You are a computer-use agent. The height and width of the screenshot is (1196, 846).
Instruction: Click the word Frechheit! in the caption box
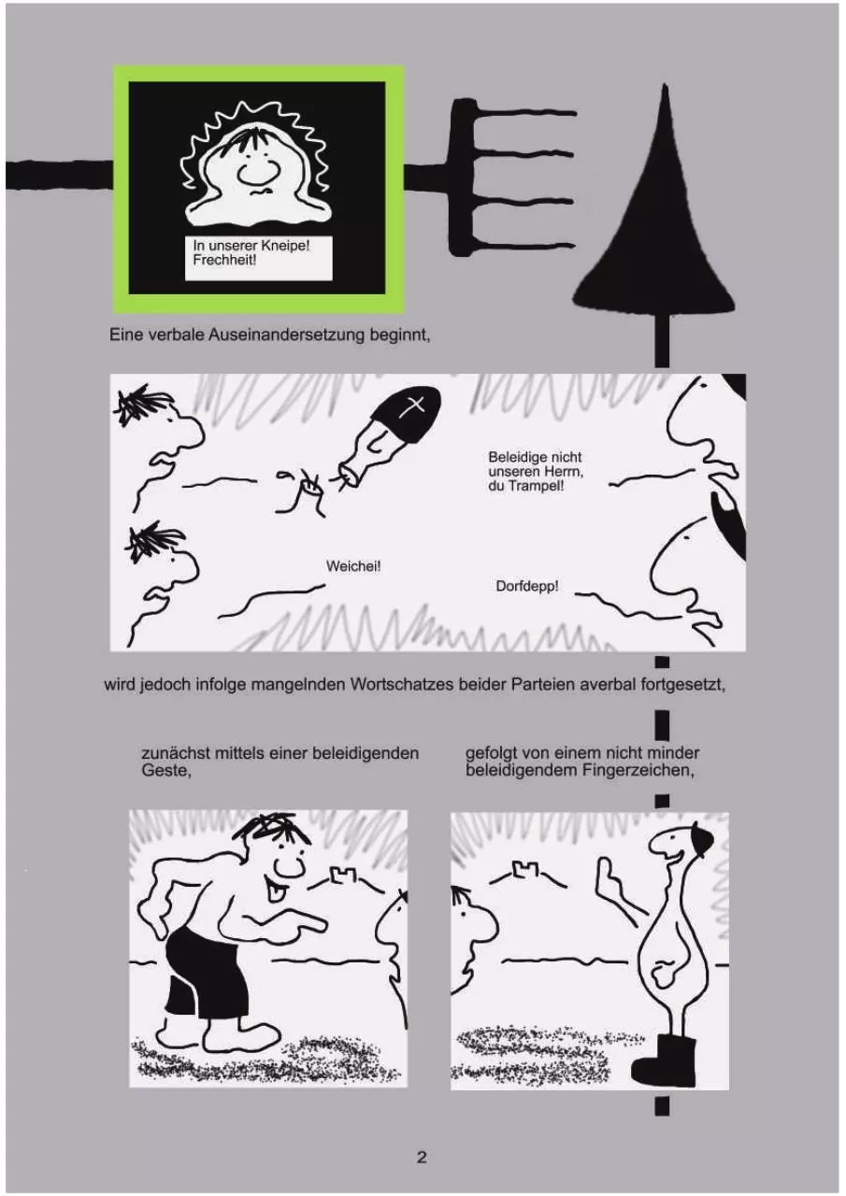tap(224, 261)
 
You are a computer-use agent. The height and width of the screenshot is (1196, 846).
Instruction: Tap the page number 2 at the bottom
tap(422, 1157)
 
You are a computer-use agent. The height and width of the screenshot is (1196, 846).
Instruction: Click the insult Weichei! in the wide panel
tap(353, 566)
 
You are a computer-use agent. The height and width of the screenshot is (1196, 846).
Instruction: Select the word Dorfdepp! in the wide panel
tap(527, 586)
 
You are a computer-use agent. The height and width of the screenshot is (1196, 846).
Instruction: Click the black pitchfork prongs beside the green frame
tap(512, 177)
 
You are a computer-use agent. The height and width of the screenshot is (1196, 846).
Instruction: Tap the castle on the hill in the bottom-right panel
tap(524, 869)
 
